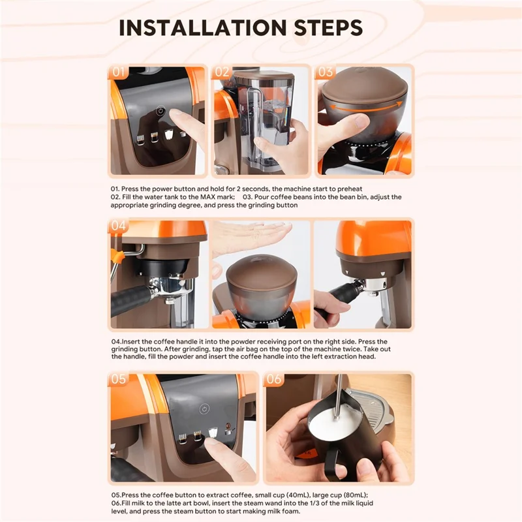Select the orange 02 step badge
(x=223, y=72)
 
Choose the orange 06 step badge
(x=275, y=379)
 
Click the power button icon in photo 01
(x=160, y=112)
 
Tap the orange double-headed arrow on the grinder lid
(x=363, y=106)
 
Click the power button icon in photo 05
(x=204, y=409)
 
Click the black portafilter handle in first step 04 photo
(x=134, y=298)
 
